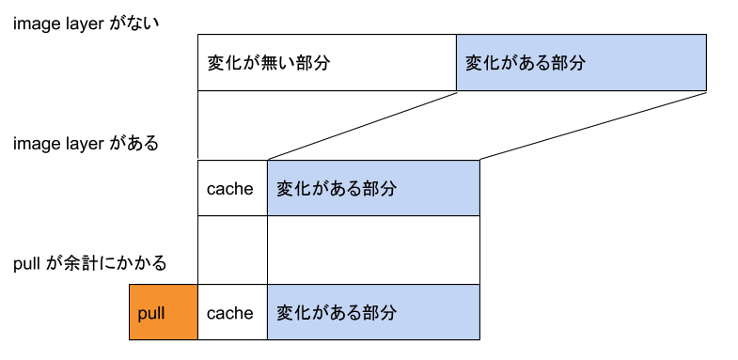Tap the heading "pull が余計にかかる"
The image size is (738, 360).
[90, 264]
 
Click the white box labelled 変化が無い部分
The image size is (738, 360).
[326, 63]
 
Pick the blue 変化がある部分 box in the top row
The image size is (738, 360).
[581, 63]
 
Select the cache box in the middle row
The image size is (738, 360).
[231, 188]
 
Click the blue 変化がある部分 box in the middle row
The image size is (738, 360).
[373, 188]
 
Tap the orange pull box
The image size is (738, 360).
[164, 312]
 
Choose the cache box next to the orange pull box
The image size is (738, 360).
[231, 312]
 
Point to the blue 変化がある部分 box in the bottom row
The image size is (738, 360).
[373, 312]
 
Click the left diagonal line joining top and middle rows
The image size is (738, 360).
[362, 126]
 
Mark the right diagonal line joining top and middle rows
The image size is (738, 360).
[592, 126]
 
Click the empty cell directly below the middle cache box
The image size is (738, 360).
[232, 250]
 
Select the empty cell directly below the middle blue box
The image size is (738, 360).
[373, 250]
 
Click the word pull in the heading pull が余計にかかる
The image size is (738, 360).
[25, 264]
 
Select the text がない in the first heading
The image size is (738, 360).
[137, 23]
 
